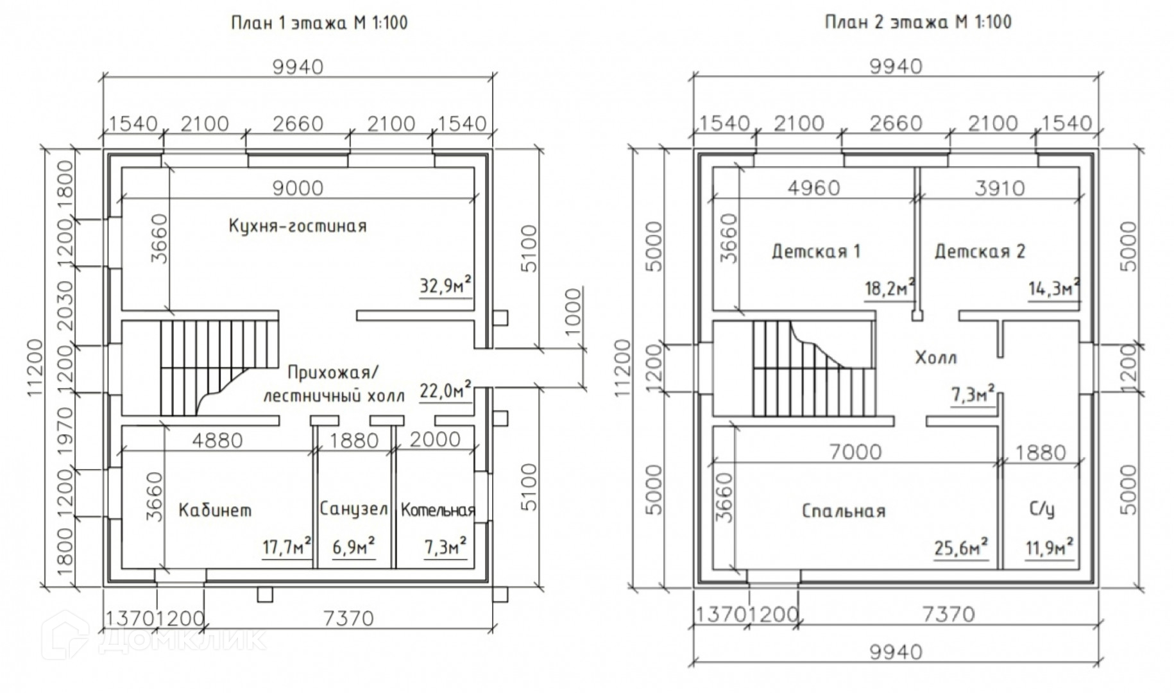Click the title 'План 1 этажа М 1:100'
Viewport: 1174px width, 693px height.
coord(319,23)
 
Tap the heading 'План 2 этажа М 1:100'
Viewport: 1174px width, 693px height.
coord(917,22)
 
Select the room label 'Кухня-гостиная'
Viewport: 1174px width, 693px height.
coord(298,226)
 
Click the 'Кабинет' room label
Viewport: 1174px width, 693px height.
coord(215,510)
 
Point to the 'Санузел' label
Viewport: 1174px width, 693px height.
coord(353,509)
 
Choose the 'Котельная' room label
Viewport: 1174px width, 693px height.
coord(438,510)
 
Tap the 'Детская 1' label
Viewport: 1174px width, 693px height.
coord(815,251)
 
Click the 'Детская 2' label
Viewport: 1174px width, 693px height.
coord(980,251)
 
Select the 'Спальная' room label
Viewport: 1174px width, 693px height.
coord(844,511)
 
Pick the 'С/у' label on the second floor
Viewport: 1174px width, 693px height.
coord(1042,509)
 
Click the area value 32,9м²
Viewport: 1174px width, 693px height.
coord(447,284)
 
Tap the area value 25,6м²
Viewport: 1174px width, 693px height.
coord(960,547)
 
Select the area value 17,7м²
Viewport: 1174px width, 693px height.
coord(287,547)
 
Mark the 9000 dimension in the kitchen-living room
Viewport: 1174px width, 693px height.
coord(298,188)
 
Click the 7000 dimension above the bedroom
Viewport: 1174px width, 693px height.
coord(855,452)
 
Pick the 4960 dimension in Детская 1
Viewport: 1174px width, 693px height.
coord(813,188)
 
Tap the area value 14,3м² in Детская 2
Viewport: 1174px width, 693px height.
coord(1054,289)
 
